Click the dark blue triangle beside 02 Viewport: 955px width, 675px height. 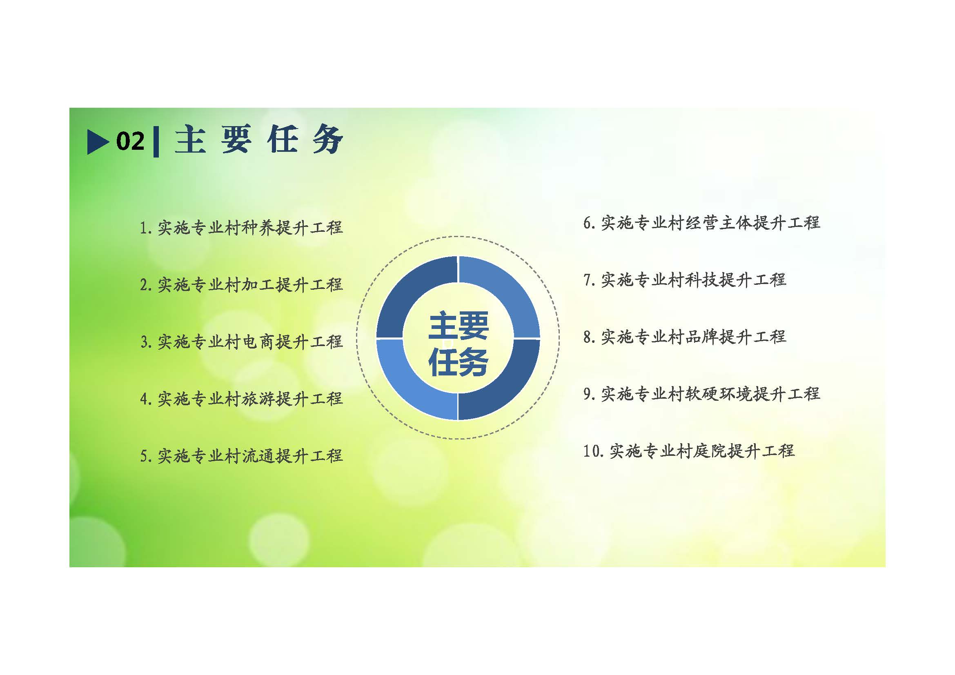point(97,142)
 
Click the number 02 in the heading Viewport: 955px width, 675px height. point(131,141)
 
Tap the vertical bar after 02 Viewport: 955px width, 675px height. point(156,142)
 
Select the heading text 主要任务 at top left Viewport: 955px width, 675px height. point(259,139)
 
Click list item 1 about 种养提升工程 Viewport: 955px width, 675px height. point(241,228)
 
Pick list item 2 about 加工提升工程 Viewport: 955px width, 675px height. point(241,285)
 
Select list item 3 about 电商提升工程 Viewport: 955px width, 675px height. point(241,342)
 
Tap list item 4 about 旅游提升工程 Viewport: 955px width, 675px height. point(241,399)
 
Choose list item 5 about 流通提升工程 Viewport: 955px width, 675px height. point(241,456)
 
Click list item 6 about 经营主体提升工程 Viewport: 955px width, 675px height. point(701,223)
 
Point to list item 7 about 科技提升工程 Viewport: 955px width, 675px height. point(685,280)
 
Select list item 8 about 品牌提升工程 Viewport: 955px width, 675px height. point(685,337)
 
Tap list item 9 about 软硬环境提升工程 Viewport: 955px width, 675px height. point(701,393)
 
